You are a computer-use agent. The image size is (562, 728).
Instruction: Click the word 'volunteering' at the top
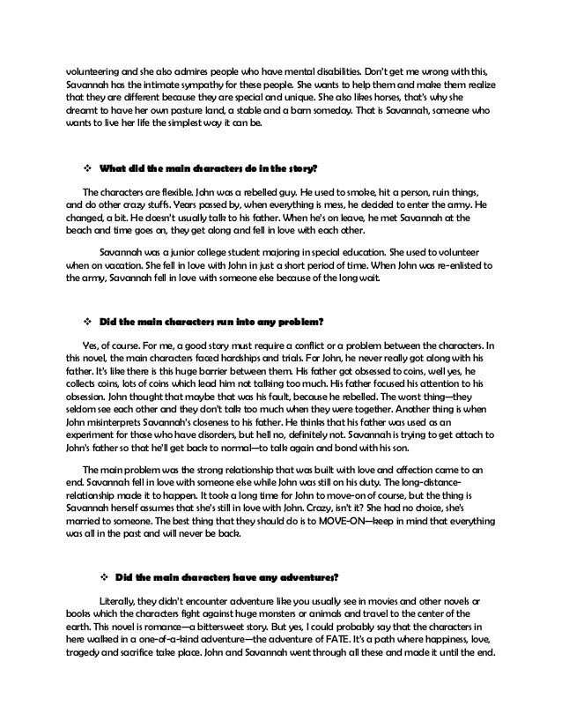tap(94, 71)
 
